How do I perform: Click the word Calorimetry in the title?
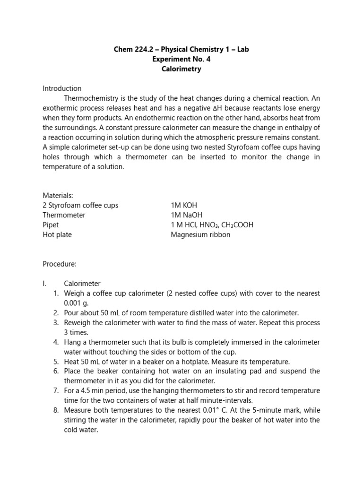pyautogui.click(x=181, y=69)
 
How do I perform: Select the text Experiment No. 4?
pyautogui.click(x=181, y=59)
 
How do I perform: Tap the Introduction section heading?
pyautogui.click(x=62, y=88)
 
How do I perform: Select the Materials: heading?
pyautogui.click(x=58, y=195)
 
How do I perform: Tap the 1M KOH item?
pyautogui.click(x=184, y=205)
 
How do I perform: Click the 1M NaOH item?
pyautogui.click(x=186, y=215)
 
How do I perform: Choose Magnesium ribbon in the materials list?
pyautogui.click(x=200, y=234)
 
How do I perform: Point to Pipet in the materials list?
pyautogui.click(x=51, y=225)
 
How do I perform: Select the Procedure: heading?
pyautogui.click(x=60, y=264)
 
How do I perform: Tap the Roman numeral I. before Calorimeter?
pyautogui.click(x=45, y=284)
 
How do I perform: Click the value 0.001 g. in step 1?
pyautogui.click(x=76, y=303)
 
